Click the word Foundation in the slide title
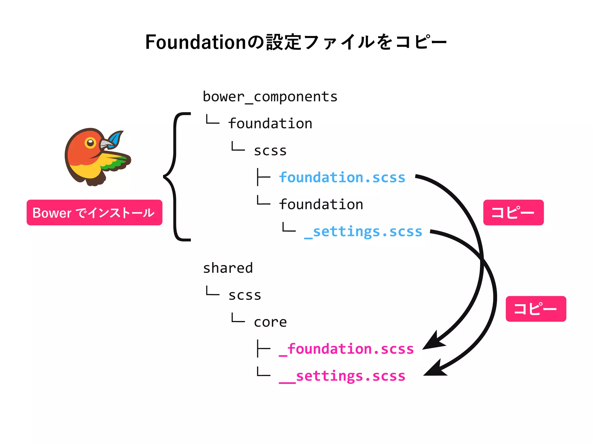pos(196,42)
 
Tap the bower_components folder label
pos(270,97)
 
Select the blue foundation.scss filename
pos(342,177)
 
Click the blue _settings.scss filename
pos(363,231)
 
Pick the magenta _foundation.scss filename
pos(346,349)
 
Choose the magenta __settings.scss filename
pos(342,376)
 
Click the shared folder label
pos(228,268)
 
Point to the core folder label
pos(270,322)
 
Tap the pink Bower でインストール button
pos(94,213)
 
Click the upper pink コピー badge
pos(513,213)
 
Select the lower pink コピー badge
pos(536,309)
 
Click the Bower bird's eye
pos(90,142)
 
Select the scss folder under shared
pos(245,295)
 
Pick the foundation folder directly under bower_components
pos(270,124)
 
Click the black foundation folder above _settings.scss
pos(321,205)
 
